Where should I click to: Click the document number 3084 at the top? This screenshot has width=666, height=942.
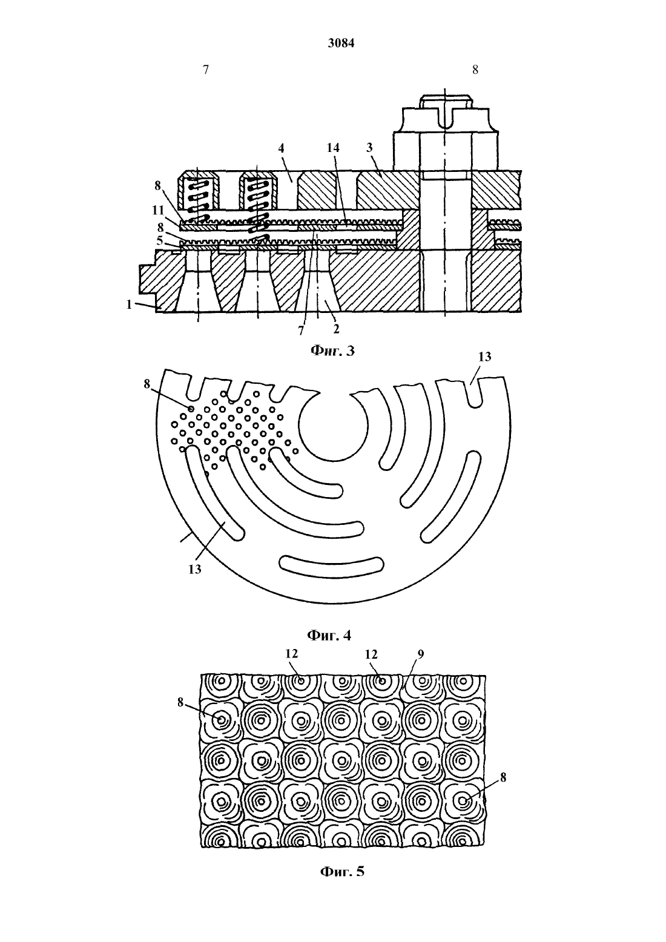341,44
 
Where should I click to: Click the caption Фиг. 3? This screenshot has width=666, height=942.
332,350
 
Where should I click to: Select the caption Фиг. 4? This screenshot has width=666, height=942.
329,634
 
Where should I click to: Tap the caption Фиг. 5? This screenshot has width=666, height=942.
342,883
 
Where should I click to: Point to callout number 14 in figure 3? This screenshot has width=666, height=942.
332,148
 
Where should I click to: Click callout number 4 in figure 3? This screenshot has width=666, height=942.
282,148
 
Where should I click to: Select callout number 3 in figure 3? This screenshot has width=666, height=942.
369,148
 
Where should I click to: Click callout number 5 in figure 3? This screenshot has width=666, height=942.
159,241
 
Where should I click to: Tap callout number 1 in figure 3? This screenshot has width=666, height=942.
130,304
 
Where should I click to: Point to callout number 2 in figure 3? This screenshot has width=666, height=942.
336,329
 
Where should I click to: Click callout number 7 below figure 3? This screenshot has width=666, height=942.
301,331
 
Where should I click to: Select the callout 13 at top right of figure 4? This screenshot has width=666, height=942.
484,357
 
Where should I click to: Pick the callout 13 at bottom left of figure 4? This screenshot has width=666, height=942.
195,570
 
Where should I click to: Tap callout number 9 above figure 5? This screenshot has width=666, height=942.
421,654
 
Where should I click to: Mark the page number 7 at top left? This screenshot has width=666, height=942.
206,70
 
